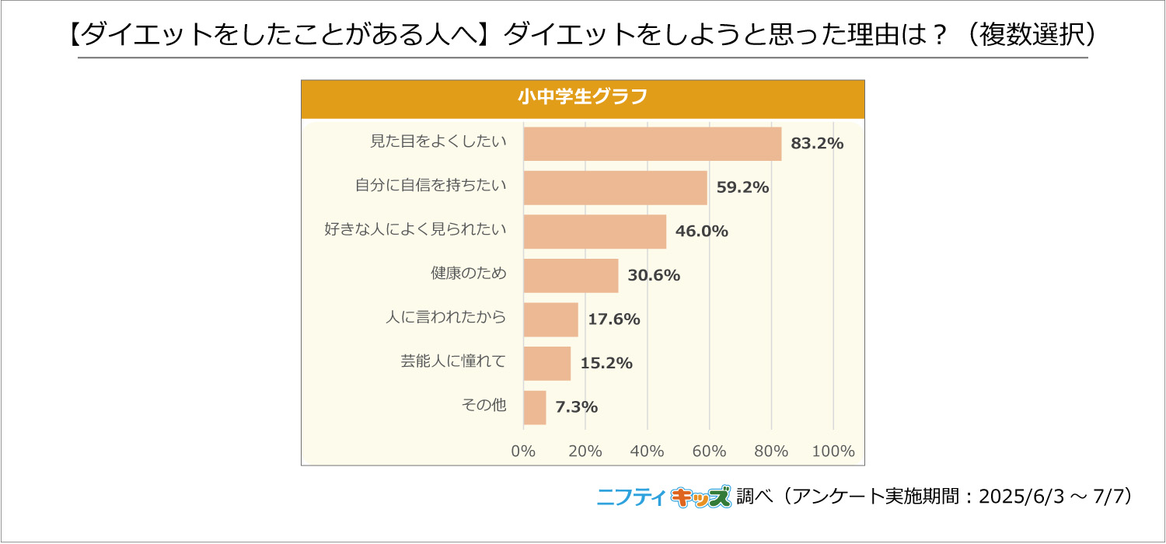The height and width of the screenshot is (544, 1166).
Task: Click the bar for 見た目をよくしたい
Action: pyautogui.click(x=652, y=144)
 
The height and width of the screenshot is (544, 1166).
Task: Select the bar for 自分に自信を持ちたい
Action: pyautogui.click(x=615, y=187)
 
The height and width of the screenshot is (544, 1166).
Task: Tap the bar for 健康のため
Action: pyautogui.click(x=571, y=275)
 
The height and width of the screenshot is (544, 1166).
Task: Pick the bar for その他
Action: pyautogui.click(x=535, y=407)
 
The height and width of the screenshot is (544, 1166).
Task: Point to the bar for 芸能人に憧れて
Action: pyautogui.click(x=547, y=363)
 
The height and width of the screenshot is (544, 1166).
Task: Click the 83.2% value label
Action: pyautogui.click(x=817, y=144)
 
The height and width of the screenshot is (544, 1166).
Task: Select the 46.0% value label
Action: pyautogui.click(x=702, y=232)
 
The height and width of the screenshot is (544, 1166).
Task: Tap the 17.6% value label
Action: pyautogui.click(x=614, y=319)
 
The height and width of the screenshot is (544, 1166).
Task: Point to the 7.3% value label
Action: pyautogui.click(x=576, y=407)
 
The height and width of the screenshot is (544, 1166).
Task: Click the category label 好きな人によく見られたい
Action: pyautogui.click(x=415, y=229)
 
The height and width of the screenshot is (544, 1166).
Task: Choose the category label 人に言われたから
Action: pyautogui.click(x=446, y=317)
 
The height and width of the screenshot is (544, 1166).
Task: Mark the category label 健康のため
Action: pyautogui.click(x=468, y=274)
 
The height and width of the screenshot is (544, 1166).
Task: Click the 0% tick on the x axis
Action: pyautogui.click(x=523, y=452)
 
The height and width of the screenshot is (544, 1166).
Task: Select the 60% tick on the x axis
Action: pyautogui.click(x=709, y=452)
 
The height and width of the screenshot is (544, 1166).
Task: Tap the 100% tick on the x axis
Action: pyautogui.click(x=833, y=452)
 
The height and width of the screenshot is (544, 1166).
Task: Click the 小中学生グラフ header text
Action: pyautogui.click(x=582, y=99)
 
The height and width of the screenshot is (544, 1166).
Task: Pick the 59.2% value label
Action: pyautogui.click(x=742, y=187)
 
